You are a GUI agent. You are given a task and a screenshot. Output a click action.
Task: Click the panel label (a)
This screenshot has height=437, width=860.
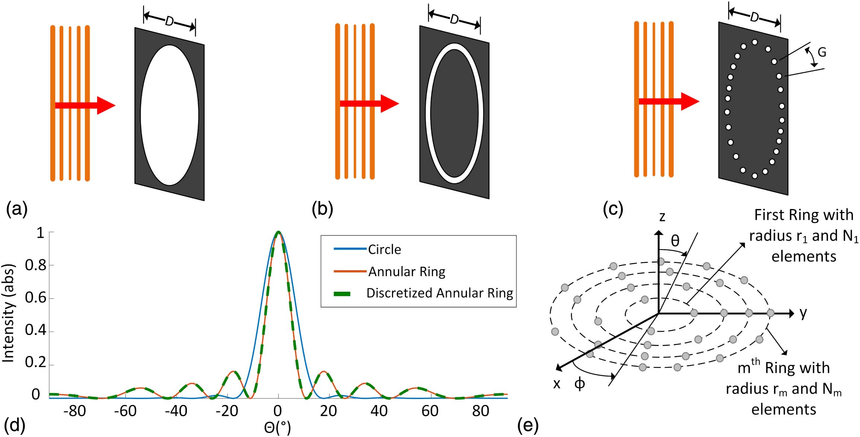point(17,209)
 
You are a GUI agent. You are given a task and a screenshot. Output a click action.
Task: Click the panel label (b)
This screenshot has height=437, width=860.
point(322,209)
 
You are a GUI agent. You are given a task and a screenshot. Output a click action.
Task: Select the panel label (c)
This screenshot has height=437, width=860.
point(613,209)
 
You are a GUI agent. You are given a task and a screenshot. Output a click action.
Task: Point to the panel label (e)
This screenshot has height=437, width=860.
point(528,425)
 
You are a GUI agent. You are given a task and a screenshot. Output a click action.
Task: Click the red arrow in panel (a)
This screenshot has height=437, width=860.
point(85,105)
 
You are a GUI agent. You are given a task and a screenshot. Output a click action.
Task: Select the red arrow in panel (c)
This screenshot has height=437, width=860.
point(669,101)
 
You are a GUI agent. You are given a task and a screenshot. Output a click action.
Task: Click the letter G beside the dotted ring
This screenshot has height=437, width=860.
point(822,52)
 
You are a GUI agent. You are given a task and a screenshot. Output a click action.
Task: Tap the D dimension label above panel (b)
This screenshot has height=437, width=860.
point(455,19)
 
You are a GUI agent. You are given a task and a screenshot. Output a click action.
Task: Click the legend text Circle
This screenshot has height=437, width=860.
point(385,249)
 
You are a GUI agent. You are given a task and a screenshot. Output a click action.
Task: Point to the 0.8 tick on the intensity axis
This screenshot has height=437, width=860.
point(35,265)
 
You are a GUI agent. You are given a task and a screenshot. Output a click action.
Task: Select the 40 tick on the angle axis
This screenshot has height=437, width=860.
point(379,411)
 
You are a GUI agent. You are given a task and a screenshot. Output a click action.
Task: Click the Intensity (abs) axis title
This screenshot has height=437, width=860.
point(8,313)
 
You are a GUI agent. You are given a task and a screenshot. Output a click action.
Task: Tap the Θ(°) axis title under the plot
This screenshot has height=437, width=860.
point(277,428)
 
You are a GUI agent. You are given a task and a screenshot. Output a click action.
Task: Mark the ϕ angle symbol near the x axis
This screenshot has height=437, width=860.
point(580,383)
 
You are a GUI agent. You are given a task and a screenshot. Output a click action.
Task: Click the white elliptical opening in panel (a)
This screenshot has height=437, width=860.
point(169,115)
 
